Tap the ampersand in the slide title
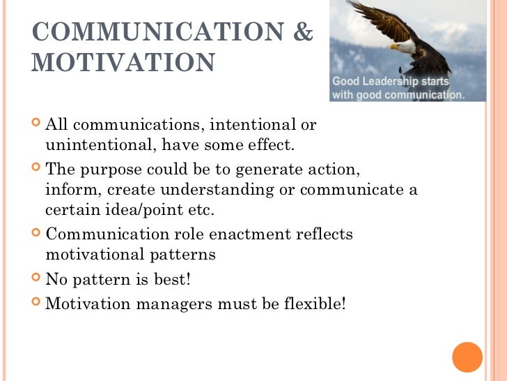tap(304, 33)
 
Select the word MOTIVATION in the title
tap(123, 63)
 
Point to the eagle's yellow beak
tap(394, 47)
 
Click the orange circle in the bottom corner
tap(467, 357)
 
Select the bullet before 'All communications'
tap(36, 126)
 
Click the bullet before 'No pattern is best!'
tap(36, 281)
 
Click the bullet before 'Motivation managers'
tap(36, 305)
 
